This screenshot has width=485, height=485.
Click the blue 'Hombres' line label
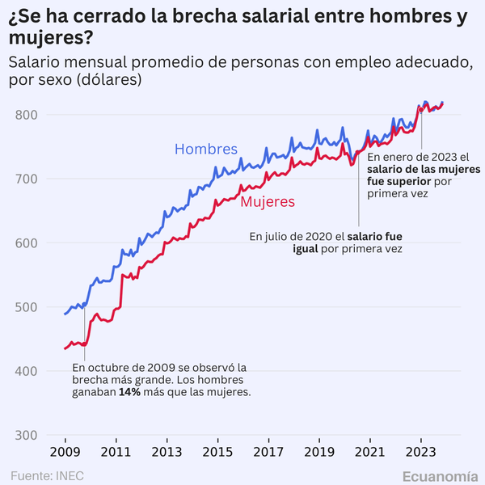point(206,150)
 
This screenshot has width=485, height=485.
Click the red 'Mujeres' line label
point(268,201)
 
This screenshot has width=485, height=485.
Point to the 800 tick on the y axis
point(27,115)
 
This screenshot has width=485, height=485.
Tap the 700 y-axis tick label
point(27,179)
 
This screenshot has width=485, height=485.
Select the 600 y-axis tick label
point(27,243)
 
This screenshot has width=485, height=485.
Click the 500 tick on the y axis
point(27,307)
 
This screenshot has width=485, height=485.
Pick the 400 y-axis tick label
point(27,371)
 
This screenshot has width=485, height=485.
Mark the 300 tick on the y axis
point(27,436)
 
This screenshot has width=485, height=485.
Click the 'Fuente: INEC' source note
point(47,474)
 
